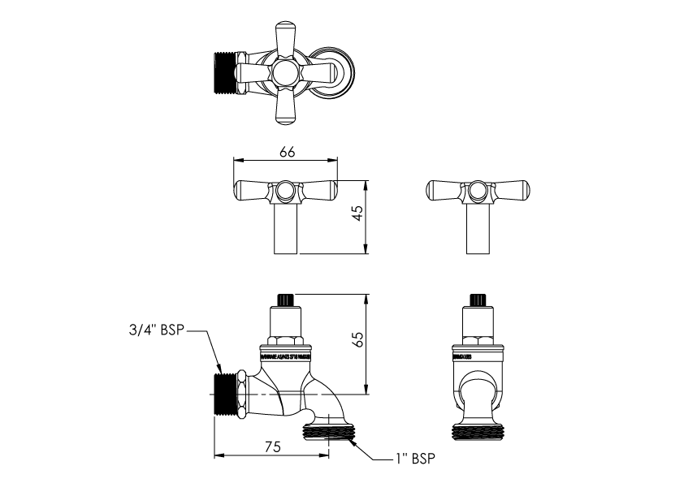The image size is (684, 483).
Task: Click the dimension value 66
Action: [x=286, y=151]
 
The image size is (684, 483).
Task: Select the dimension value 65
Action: [x=358, y=342]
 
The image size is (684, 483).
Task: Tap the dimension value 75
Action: [x=272, y=446]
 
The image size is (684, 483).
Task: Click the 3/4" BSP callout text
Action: [x=157, y=330]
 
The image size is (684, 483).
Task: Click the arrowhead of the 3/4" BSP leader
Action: [x=219, y=369]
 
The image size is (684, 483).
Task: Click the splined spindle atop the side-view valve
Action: [x=285, y=300]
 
